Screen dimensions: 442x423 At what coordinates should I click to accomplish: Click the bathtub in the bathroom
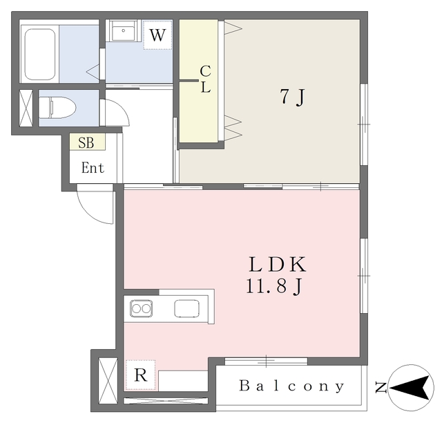(x=40, y=55)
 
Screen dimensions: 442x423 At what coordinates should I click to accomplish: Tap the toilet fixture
(x=57, y=108)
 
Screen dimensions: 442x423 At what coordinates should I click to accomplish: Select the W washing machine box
(x=157, y=35)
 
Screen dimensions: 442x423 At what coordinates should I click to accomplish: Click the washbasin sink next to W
(x=124, y=30)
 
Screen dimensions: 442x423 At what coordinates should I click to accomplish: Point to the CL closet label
(x=206, y=79)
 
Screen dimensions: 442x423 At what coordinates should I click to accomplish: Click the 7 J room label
(x=293, y=97)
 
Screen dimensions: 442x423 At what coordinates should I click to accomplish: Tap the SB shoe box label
(x=86, y=142)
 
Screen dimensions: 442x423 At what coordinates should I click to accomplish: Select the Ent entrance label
(x=93, y=168)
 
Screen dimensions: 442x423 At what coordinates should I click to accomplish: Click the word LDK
(x=277, y=265)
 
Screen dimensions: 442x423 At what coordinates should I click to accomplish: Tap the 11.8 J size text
(x=274, y=287)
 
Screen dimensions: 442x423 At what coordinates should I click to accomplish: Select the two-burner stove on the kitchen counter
(x=141, y=308)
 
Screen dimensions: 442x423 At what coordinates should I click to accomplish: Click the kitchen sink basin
(x=186, y=308)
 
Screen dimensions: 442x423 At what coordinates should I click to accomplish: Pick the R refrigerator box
(x=140, y=375)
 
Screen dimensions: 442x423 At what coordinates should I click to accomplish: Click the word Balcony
(x=291, y=386)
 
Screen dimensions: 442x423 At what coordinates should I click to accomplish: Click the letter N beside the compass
(x=381, y=387)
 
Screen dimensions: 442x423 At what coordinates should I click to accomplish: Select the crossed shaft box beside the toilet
(x=26, y=108)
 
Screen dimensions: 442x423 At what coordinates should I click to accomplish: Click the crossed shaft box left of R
(x=108, y=382)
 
